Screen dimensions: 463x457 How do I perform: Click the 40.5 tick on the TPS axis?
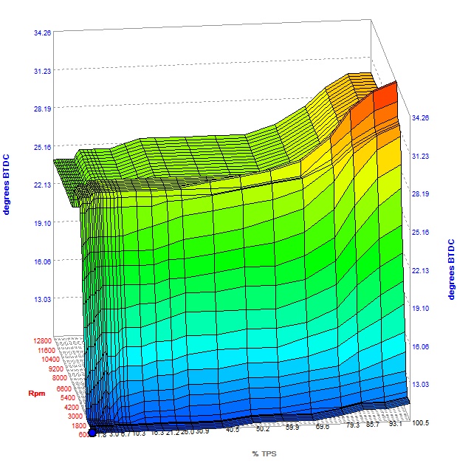tap(233, 430)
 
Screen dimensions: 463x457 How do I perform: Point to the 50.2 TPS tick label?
tap(262, 428)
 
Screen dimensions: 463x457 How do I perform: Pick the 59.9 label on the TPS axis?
tap(292, 427)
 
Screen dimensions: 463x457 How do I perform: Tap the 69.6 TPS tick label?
tap(322, 426)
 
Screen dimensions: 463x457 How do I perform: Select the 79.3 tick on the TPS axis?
tap(351, 425)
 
